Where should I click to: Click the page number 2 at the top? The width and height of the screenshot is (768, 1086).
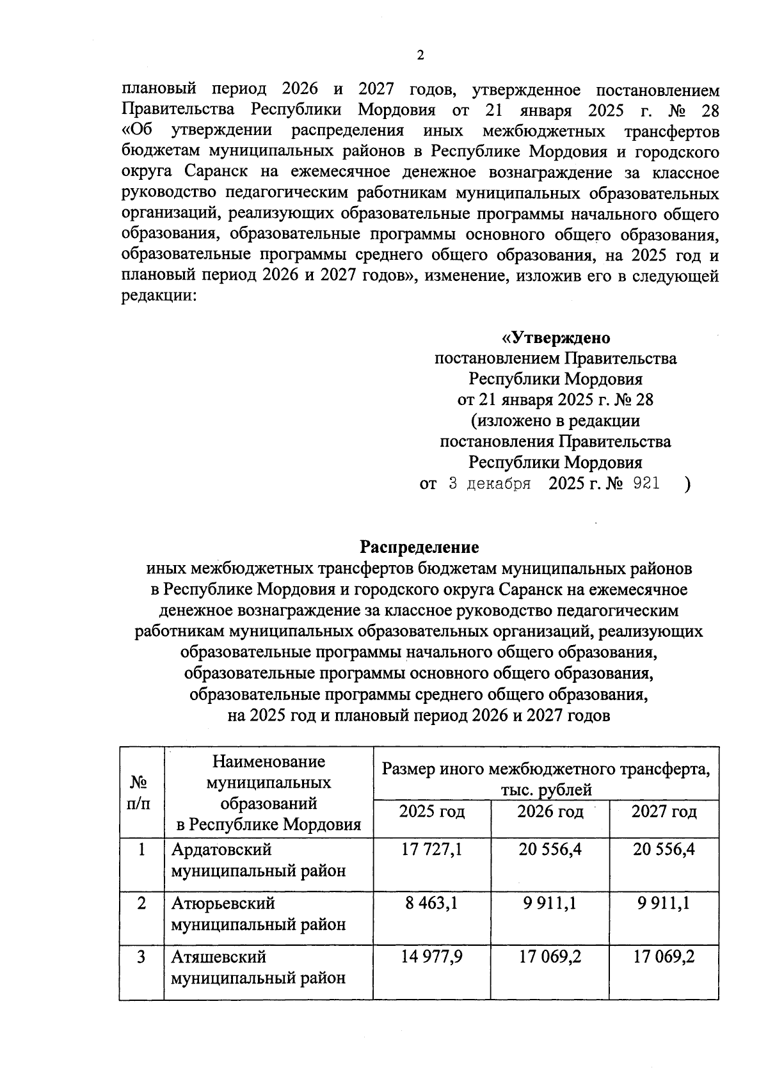[420, 56]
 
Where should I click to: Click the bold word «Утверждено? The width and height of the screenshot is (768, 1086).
[555, 337]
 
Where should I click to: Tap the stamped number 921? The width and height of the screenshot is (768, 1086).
[645, 484]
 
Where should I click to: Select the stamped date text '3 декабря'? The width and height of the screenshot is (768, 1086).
[489, 484]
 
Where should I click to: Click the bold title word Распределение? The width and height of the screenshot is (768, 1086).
[419, 547]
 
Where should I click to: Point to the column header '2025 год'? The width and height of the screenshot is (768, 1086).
[432, 812]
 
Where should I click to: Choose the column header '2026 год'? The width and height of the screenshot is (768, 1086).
[550, 812]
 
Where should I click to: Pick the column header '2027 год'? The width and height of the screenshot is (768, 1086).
[664, 812]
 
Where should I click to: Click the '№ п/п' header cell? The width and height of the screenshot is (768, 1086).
[141, 792]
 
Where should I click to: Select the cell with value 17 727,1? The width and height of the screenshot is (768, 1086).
[432, 850]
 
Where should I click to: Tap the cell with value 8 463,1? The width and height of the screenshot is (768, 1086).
[432, 904]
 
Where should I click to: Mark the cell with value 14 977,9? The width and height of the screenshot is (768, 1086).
[432, 957]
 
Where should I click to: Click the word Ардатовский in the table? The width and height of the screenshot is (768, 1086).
[221, 850]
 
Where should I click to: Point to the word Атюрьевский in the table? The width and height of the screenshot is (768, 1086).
[223, 904]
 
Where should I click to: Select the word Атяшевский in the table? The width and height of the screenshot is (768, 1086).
[218, 957]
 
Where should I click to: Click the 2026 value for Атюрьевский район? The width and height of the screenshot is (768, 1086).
[550, 904]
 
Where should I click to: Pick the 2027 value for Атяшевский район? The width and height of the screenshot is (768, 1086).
[664, 957]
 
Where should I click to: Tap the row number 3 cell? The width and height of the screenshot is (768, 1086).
[141, 957]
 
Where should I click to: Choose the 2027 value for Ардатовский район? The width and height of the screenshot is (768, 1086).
[664, 850]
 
